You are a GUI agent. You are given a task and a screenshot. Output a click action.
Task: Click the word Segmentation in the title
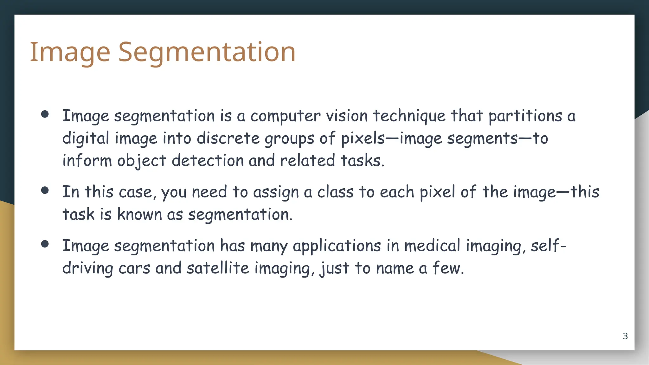click(207, 52)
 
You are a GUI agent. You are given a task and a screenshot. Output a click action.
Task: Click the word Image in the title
click(70, 52)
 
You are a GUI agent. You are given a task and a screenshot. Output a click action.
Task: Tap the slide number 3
click(625, 336)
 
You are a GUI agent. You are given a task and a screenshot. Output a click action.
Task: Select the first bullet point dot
click(45, 114)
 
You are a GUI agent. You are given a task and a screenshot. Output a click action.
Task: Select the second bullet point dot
click(45, 190)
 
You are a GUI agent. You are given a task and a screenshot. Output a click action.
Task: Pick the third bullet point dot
click(45, 244)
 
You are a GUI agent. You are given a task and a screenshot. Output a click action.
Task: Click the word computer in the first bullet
click(285, 116)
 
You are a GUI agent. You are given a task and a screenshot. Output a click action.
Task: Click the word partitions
click(525, 116)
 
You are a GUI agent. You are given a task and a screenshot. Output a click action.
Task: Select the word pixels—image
click(391, 138)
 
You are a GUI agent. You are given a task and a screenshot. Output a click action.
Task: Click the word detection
click(207, 161)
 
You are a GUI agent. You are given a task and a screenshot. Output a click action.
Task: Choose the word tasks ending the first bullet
click(362, 161)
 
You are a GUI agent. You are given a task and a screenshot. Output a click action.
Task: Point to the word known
click(139, 215)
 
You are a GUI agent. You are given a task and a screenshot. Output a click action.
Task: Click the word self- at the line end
click(548, 246)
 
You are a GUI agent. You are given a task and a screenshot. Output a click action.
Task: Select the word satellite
click(218, 268)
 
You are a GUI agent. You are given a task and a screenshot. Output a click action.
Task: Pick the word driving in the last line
click(87, 268)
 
